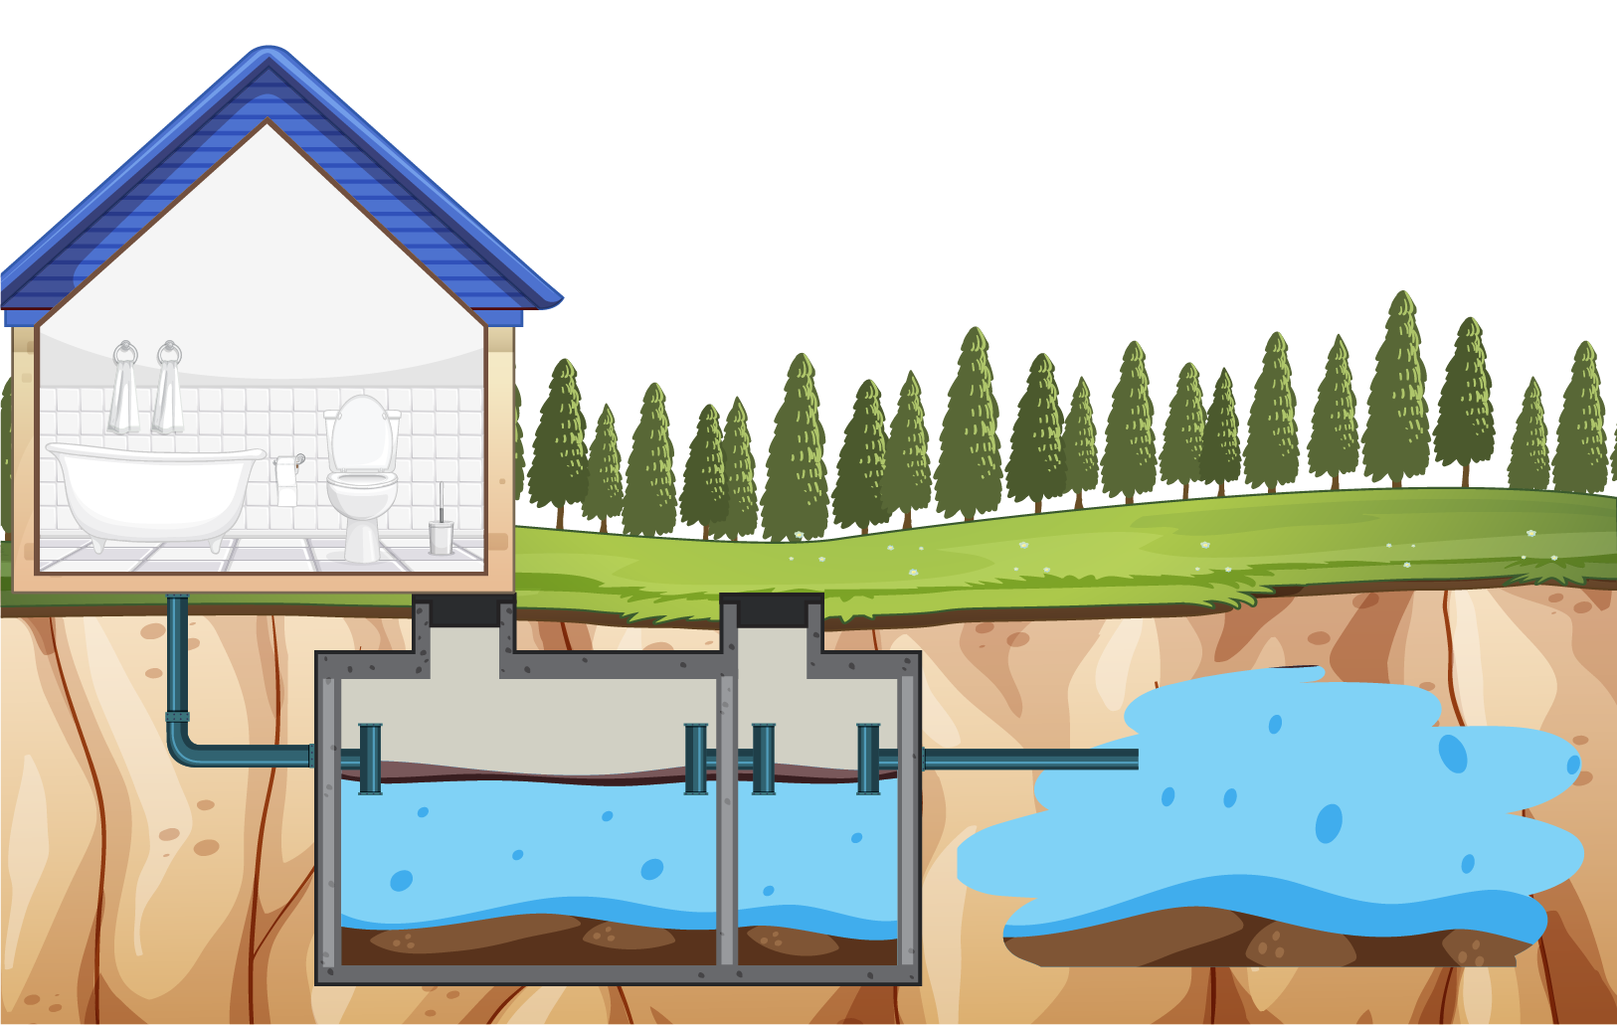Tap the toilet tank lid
[362, 412]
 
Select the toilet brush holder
[441, 537]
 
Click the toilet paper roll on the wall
[286, 472]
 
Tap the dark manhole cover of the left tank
[463, 609]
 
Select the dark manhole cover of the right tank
[772, 609]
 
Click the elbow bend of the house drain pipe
[184, 750]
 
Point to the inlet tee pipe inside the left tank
[370, 759]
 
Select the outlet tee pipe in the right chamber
[868, 759]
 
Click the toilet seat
[362, 481]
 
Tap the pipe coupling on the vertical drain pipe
[177, 716]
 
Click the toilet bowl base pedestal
[361, 542]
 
